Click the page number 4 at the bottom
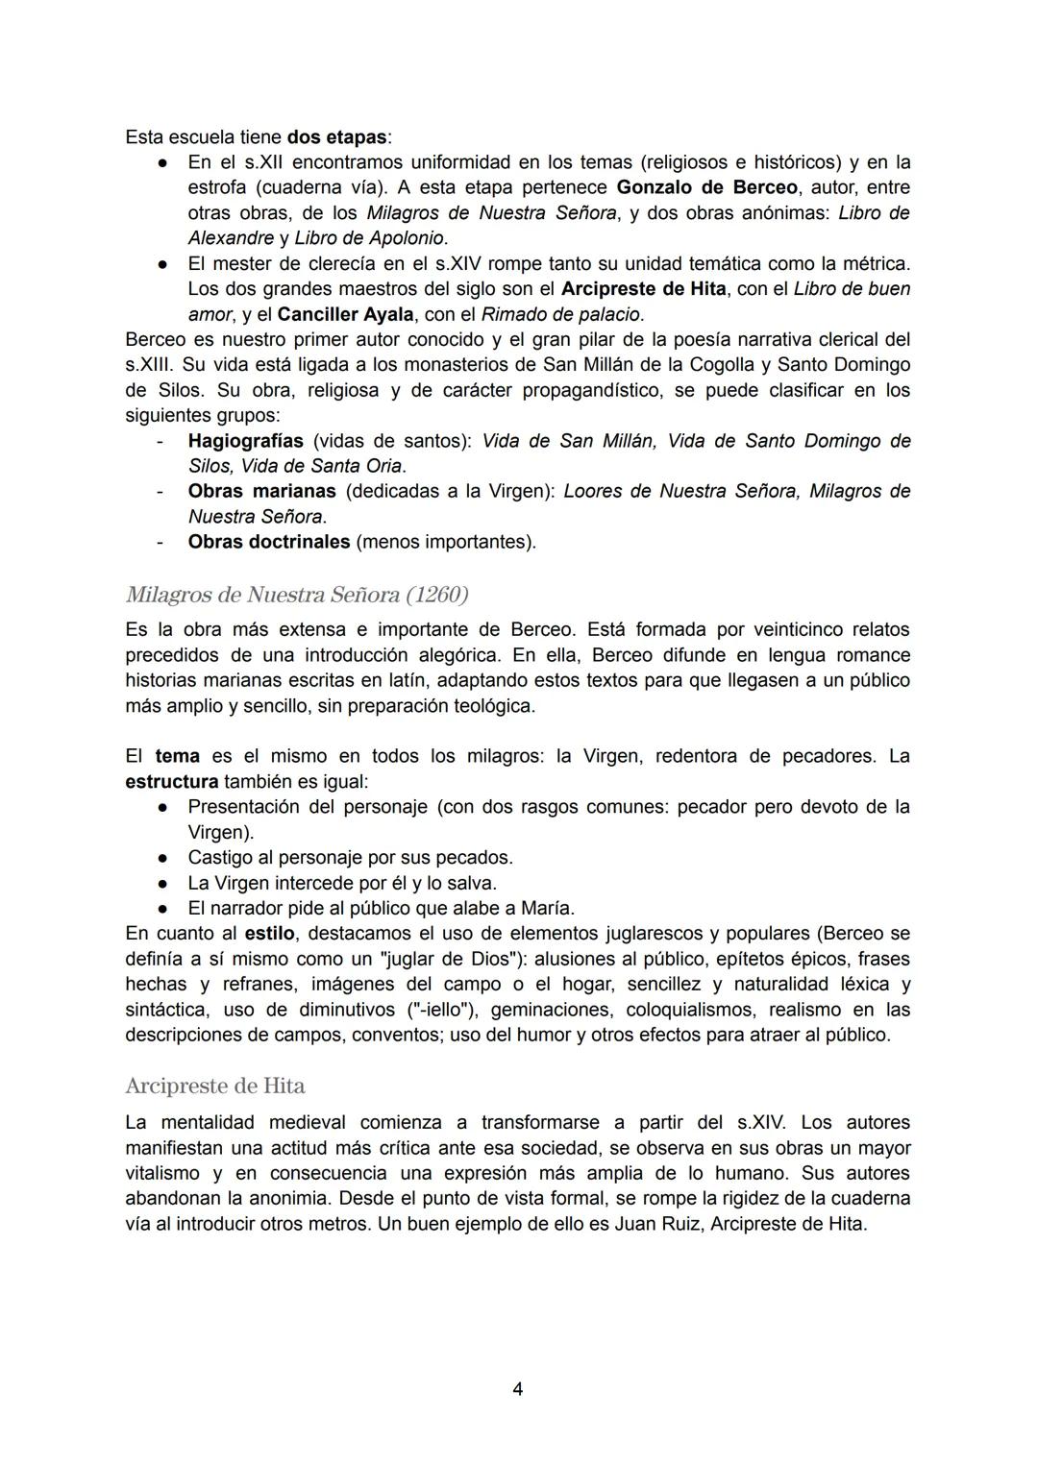point(518,1388)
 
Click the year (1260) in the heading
point(437,595)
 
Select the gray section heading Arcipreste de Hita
point(215,1086)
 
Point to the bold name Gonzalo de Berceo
point(701,186)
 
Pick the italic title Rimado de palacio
point(561,314)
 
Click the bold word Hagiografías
point(245,441)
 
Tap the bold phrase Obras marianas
point(261,491)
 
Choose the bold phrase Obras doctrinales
point(268,542)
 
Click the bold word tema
point(178,756)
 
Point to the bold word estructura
point(171,781)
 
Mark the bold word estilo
point(269,933)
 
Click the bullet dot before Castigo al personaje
point(165,857)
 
